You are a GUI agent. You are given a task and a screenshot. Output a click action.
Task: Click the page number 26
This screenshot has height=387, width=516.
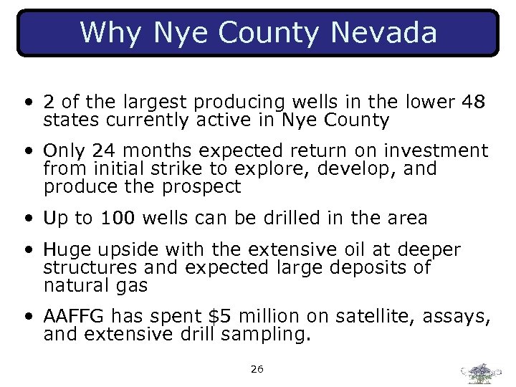pyautogui.click(x=257, y=369)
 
